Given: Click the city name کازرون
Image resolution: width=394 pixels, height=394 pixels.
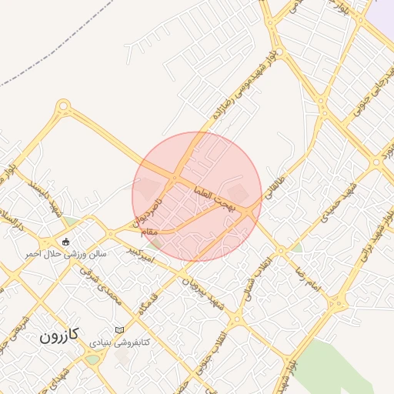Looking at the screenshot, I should [60, 336].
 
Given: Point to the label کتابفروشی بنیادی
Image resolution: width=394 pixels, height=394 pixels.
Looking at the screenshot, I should [119, 342].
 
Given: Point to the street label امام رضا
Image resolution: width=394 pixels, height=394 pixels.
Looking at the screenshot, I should [305, 279].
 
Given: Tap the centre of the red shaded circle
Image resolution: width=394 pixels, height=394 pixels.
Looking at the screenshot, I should [197, 196].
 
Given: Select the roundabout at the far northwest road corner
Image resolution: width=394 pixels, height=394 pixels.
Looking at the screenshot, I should [63, 106].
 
